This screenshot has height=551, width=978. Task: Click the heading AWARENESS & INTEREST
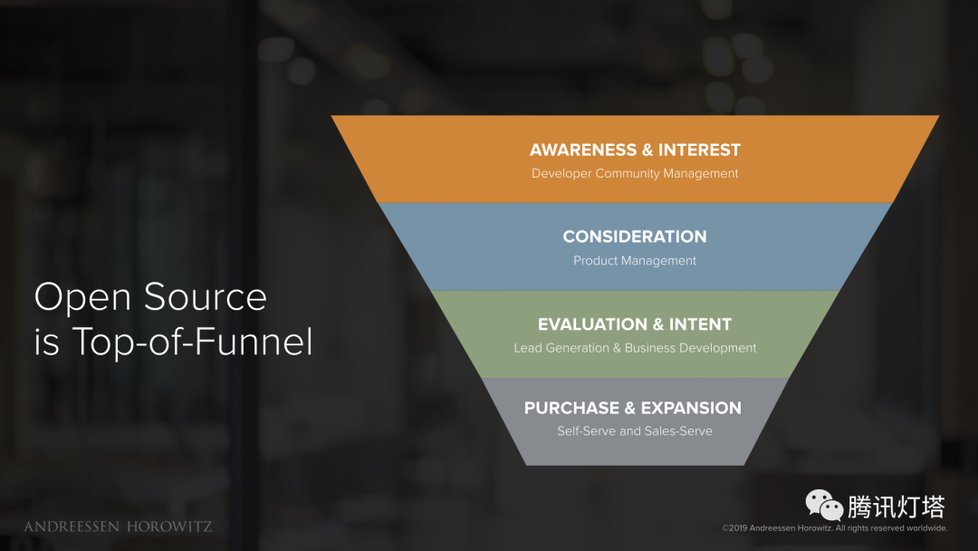pyautogui.click(x=635, y=150)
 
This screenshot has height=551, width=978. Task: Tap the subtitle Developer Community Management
pyautogui.click(x=635, y=173)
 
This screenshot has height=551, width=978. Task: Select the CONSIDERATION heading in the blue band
pyautogui.click(x=635, y=237)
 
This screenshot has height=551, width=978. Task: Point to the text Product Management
pyautogui.click(x=635, y=261)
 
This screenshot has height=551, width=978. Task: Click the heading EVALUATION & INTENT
pyautogui.click(x=635, y=324)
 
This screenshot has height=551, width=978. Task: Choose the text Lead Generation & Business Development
pyautogui.click(x=635, y=348)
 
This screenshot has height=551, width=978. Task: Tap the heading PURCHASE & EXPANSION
pyautogui.click(x=633, y=408)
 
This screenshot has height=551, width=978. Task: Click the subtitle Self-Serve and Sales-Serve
pyautogui.click(x=635, y=431)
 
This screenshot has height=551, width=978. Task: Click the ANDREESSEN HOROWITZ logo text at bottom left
pyautogui.click(x=118, y=527)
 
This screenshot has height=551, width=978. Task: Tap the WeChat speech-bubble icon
pyautogui.click(x=824, y=506)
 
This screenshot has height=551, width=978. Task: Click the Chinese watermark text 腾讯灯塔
pyautogui.click(x=896, y=507)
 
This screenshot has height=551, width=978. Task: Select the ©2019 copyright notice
pyautogui.click(x=834, y=528)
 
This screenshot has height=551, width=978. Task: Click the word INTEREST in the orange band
pyautogui.click(x=699, y=150)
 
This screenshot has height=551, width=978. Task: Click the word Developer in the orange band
pyautogui.click(x=561, y=173)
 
